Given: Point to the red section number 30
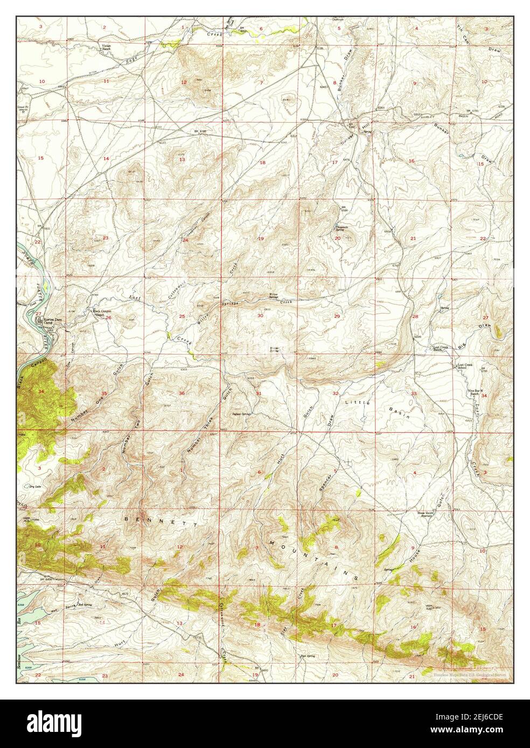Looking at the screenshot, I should pos(260,316).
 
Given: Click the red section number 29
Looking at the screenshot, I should pos(337,316).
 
